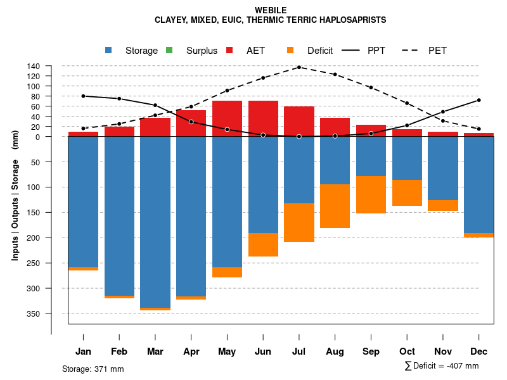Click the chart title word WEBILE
[x=271, y=10]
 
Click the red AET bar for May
[x=227, y=118]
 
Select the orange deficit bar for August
[x=335, y=206]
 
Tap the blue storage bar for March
[x=155, y=222]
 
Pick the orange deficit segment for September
[x=371, y=194]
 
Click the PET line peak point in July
[x=298, y=67]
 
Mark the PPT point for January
[x=83, y=96]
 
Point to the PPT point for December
[x=478, y=100]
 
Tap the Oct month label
[x=407, y=351]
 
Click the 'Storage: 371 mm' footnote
[x=93, y=369]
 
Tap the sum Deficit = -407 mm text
[x=442, y=366]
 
